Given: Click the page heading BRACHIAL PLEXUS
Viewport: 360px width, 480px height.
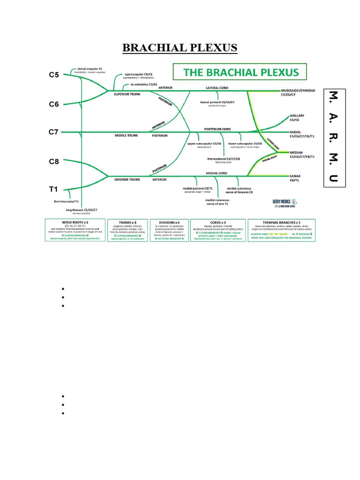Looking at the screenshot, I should coord(180,48).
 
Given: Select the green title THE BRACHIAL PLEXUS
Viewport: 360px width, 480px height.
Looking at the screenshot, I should coord(240,72).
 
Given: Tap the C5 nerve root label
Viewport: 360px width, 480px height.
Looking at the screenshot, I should coord(54,74).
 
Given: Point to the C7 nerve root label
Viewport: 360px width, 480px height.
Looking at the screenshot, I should coord(54,132).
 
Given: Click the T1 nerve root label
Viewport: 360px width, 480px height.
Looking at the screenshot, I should coord(53,189).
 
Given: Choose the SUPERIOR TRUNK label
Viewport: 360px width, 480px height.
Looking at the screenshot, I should coord(127,94).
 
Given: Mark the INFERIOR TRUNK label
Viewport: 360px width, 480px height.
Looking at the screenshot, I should coord(127,179).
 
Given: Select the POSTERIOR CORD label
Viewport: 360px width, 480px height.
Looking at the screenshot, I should coord(217,129).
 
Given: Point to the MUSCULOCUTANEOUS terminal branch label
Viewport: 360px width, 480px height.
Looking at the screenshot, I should coord(298,90).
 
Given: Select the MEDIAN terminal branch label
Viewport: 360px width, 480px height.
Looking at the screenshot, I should coord(297,152).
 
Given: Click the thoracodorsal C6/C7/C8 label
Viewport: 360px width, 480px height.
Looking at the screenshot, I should coord(224,158).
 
